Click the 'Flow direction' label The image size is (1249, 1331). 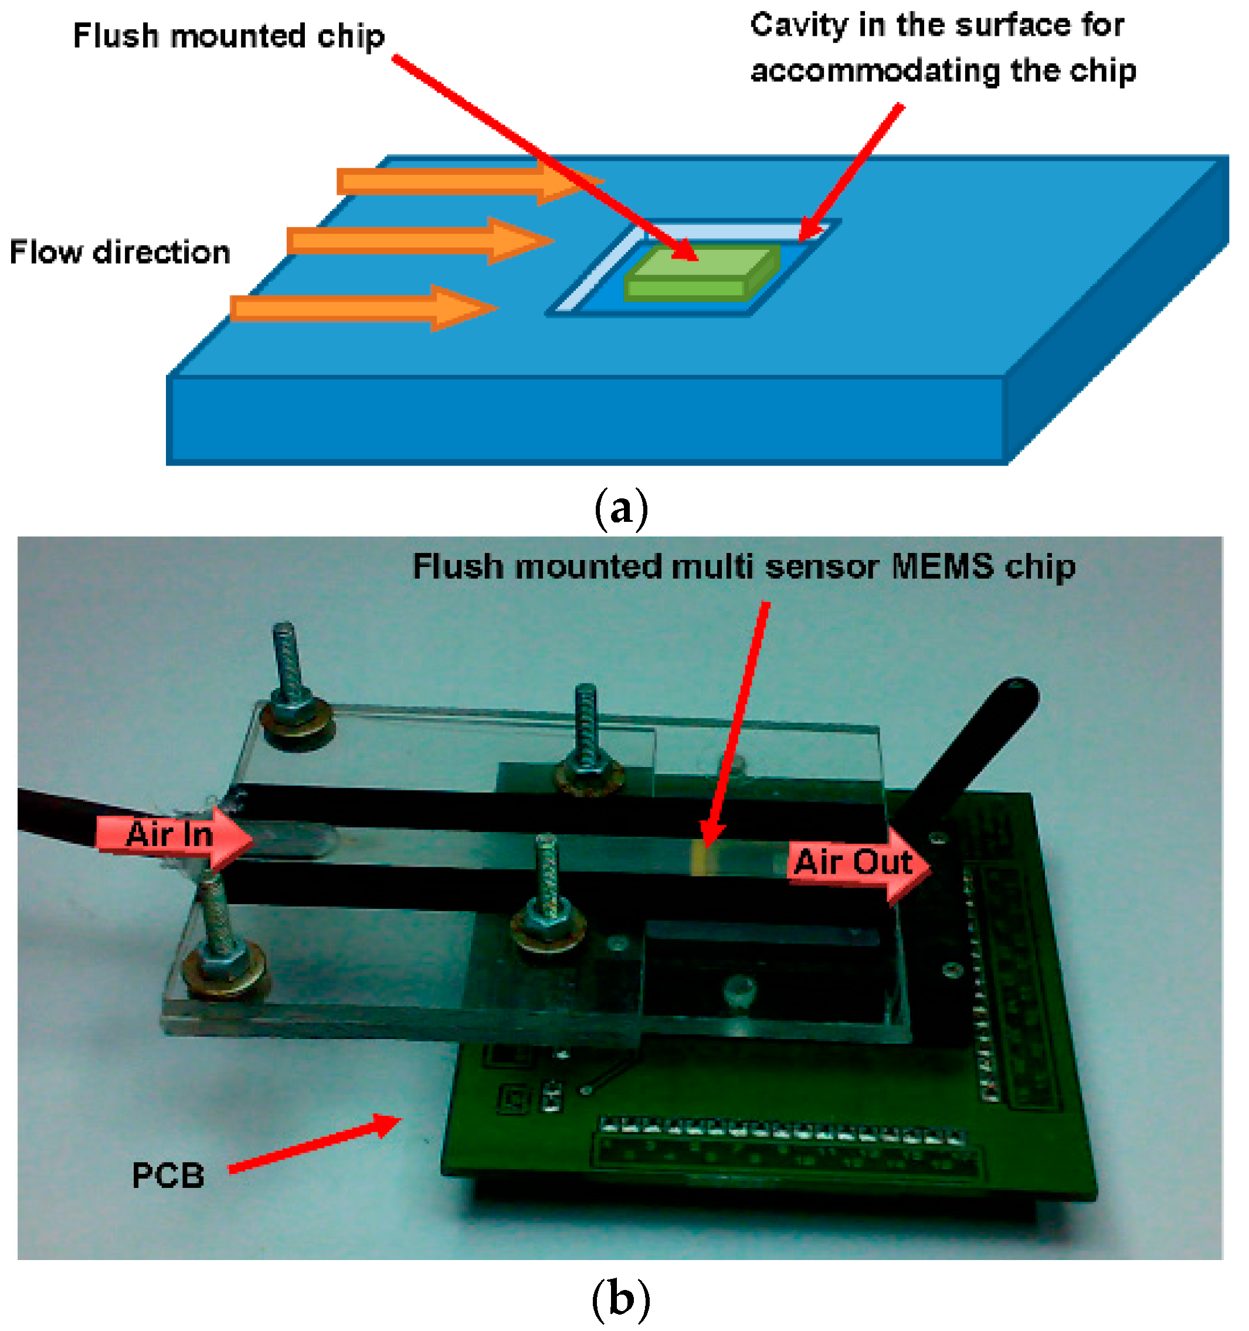[119, 252]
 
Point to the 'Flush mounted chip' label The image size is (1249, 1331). [228, 36]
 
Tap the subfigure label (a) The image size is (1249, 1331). [621, 509]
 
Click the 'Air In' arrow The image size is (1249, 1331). [174, 835]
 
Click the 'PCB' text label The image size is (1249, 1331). [168, 1176]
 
